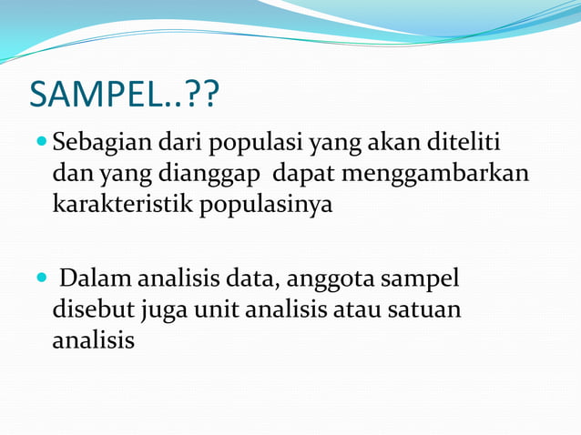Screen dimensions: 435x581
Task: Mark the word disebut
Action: [92, 309]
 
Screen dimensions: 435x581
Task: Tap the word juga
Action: [164, 310]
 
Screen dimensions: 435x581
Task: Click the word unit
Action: [216, 309]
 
